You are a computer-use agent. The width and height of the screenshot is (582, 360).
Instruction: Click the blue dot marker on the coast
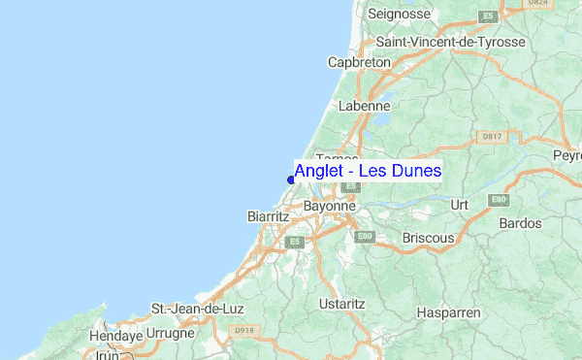[x=291, y=179]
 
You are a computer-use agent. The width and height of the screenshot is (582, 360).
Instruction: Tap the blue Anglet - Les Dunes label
[x=368, y=171]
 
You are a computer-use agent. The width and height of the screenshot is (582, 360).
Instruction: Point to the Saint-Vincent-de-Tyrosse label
[x=450, y=43]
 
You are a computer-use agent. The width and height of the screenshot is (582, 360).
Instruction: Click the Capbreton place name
[x=359, y=62]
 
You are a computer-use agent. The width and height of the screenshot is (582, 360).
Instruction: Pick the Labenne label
[x=365, y=105]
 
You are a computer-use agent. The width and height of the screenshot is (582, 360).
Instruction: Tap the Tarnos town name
[x=338, y=157]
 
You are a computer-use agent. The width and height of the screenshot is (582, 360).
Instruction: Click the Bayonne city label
[x=331, y=207]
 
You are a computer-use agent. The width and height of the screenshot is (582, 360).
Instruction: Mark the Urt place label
[x=460, y=205]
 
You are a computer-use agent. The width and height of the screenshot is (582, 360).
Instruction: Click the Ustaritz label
[x=341, y=304]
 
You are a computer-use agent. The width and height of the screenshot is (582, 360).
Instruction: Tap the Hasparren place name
[x=447, y=312]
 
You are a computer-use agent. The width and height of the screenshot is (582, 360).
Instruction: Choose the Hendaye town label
[x=116, y=336]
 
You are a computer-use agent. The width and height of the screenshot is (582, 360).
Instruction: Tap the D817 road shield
[x=493, y=137]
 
